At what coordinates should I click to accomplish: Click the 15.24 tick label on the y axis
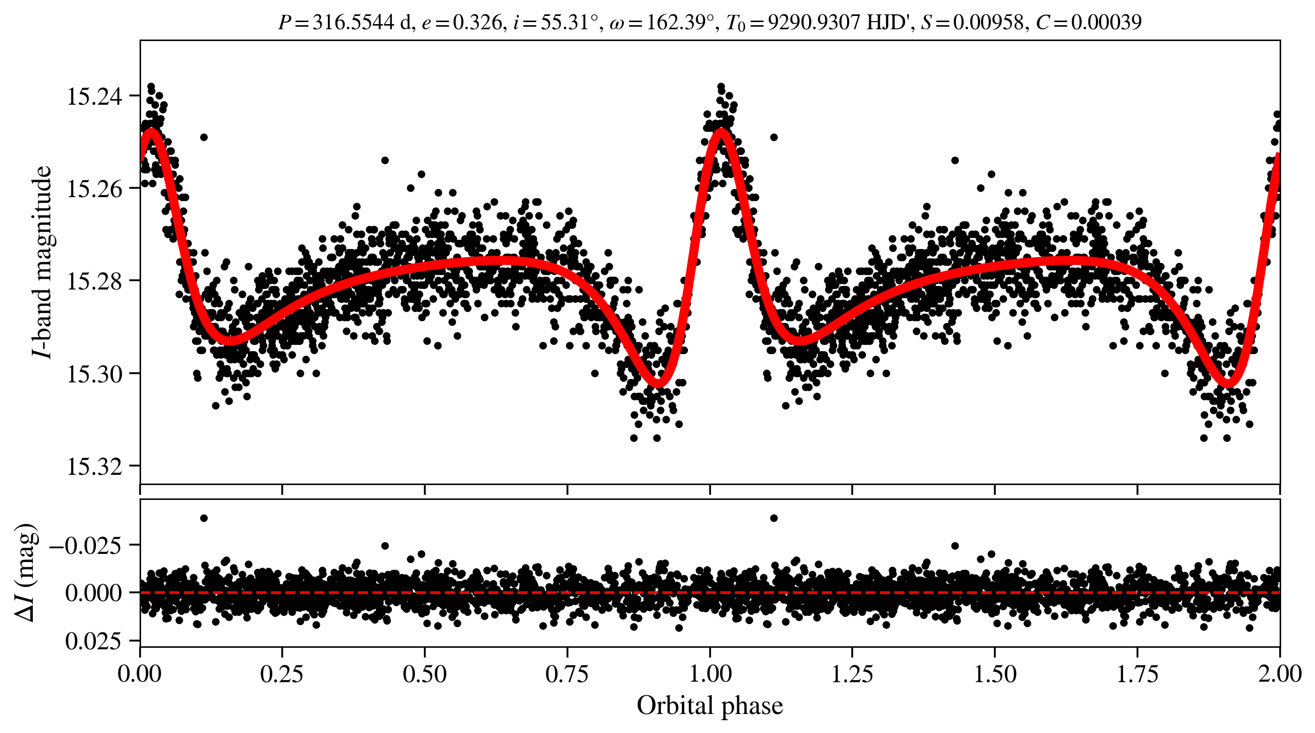pos(95,96)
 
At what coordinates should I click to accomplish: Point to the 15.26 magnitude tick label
pos(95,188)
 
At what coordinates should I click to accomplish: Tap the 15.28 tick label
pos(95,281)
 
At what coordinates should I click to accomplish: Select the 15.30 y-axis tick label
pos(95,374)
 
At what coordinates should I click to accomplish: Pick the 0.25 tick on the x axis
pos(282,673)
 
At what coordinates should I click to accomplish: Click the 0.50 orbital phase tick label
pos(424,673)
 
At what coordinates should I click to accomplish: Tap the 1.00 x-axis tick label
pos(710,673)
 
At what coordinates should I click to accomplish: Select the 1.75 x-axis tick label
pos(1137,673)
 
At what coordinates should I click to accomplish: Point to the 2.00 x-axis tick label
pos(1280,673)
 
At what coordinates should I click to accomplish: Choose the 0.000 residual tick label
pos(93,593)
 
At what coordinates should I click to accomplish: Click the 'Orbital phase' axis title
pos(710,706)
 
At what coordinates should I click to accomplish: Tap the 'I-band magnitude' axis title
pos(42,262)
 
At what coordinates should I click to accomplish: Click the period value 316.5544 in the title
pos(353,22)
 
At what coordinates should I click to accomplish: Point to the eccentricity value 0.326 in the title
pos(477,22)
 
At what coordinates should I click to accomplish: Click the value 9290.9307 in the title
pos(814,22)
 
